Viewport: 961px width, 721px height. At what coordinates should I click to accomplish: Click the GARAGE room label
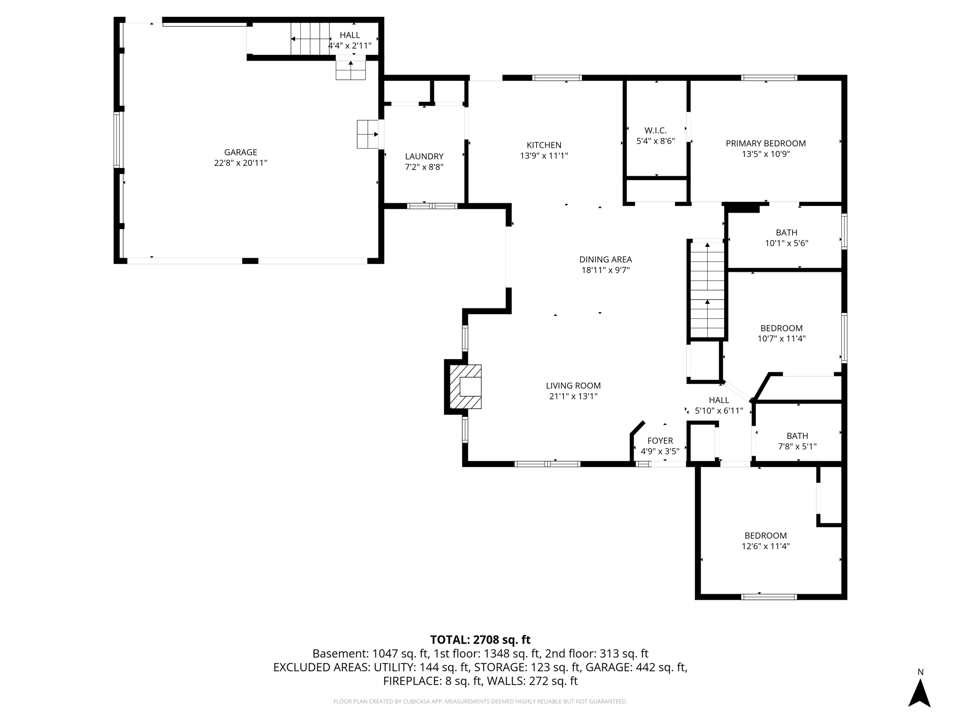coord(240,152)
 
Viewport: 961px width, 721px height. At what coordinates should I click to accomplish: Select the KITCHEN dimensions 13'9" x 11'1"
coord(544,156)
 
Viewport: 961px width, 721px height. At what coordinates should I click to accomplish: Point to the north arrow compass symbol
coord(919,691)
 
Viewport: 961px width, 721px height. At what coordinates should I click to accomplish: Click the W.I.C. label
coord(656,130)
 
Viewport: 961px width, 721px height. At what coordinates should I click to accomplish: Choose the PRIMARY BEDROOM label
coord(765,143)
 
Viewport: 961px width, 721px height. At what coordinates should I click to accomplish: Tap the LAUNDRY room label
coord(424,156)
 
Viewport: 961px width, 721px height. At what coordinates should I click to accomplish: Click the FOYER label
coord(660,440)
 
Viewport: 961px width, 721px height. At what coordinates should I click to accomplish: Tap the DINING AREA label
coord(605,259)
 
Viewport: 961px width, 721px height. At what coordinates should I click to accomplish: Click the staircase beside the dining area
coord(707,289)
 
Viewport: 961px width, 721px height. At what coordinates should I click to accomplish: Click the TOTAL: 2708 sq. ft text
coord(480,639)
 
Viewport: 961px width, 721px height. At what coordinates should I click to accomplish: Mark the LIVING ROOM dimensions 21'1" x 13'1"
coord(573,396)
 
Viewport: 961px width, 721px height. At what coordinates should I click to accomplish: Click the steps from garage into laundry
coord(367,134)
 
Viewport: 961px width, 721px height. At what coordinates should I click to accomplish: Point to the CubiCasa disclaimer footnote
coord(480,701)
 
